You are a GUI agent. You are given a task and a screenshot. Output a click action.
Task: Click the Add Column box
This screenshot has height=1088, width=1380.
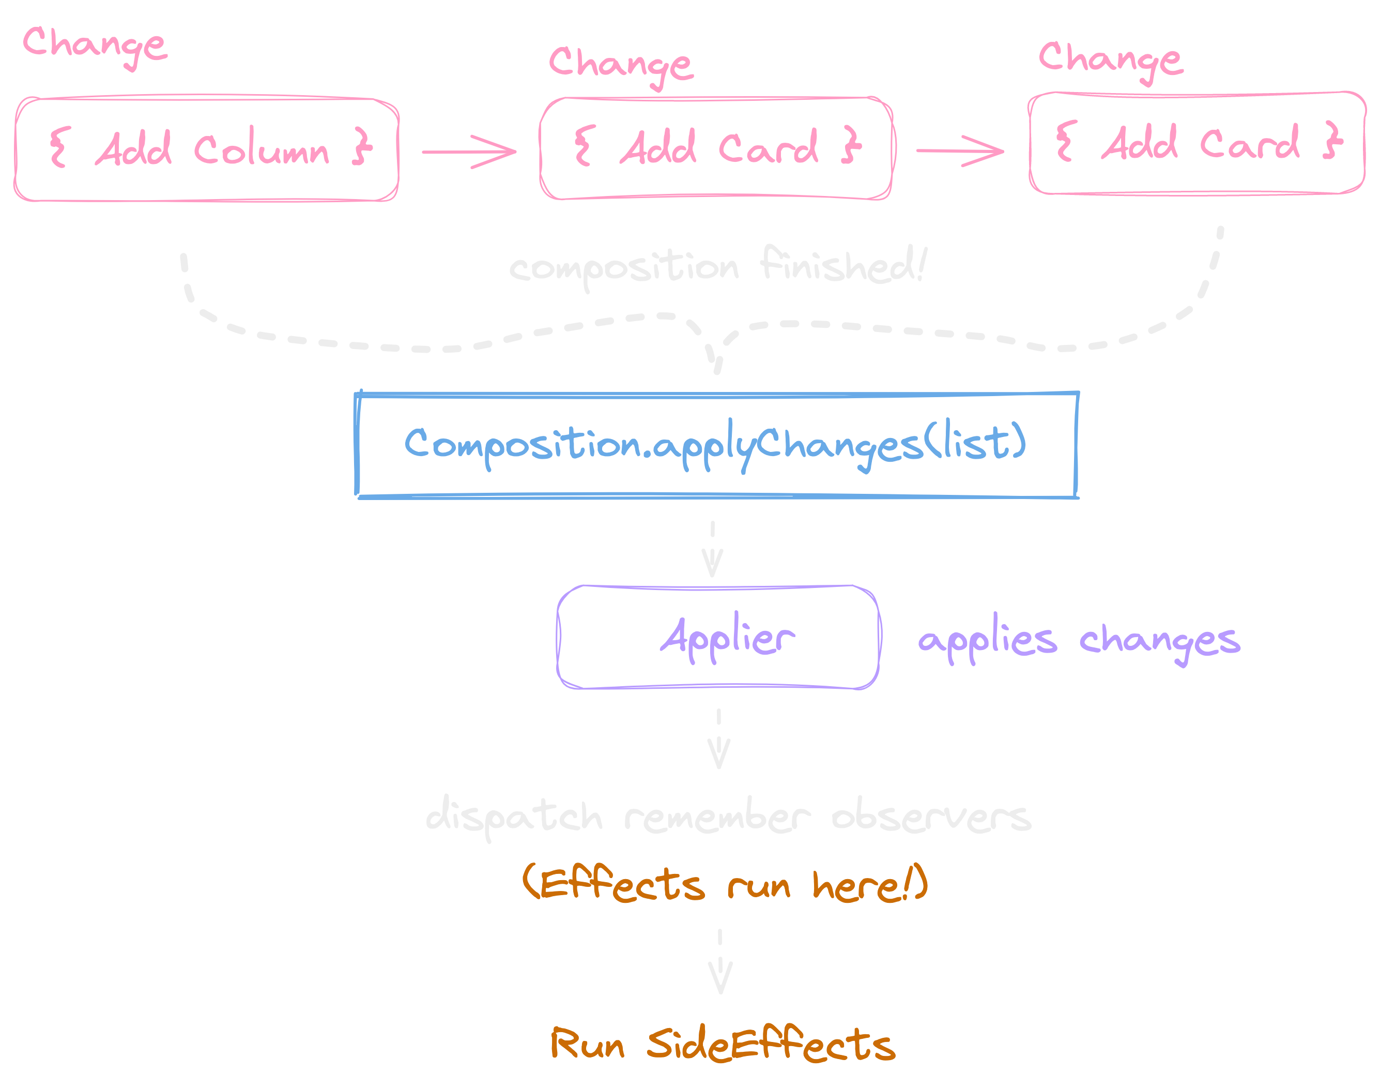[x=206, y=149]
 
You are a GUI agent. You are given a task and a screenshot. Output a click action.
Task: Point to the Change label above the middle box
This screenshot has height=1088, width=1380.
[x=621, y=65]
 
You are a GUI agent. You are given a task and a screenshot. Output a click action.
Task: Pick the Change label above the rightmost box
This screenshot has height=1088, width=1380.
[x=1110, y=60]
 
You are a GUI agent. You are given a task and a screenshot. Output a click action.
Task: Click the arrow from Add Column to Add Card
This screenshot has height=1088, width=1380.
[x=470, y=152]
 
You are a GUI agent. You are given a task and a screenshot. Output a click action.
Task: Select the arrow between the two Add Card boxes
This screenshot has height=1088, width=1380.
[x=960, y=151]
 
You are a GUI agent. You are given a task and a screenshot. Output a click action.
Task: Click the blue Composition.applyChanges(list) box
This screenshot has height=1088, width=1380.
[x=716, y=445]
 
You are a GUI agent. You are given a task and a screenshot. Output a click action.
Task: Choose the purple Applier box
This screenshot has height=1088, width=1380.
[x=718, y=637]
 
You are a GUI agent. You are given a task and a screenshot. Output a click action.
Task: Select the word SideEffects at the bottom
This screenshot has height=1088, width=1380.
[x=770, y=1045]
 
